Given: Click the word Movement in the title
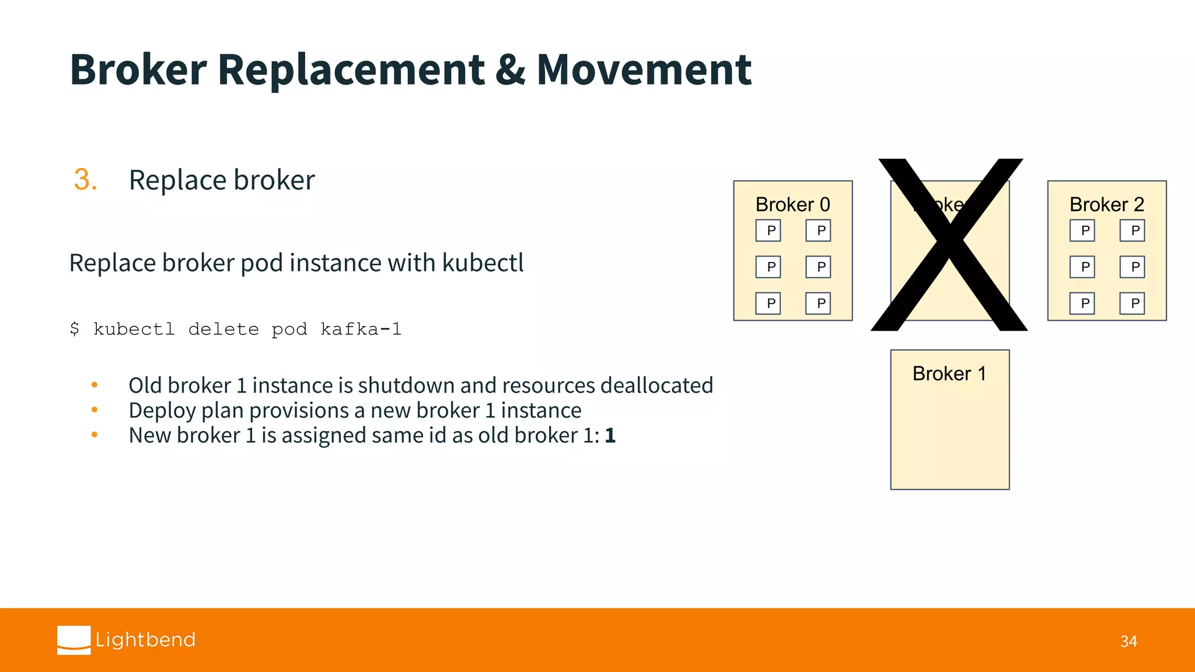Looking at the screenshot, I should [644, 70].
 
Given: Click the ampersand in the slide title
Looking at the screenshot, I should [510, 70].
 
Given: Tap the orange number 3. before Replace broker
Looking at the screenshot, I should [85, 180].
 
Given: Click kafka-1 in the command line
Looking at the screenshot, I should [361, 330].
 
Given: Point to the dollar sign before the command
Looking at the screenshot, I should [75, 330].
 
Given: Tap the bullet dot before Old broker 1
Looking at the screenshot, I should [95, 385].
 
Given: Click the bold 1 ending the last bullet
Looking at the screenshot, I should [610, 436].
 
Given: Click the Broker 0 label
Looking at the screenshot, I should [792, 205].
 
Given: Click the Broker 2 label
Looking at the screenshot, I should [1106, 205].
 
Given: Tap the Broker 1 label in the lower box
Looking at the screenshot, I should [949, 373].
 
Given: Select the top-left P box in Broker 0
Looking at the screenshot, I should [768, 230].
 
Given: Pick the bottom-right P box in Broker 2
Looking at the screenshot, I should [1132, 303].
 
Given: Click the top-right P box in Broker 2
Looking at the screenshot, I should [1132, 230].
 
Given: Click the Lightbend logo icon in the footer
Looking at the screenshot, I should [74, 640].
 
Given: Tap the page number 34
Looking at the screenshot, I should [1128, 642].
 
